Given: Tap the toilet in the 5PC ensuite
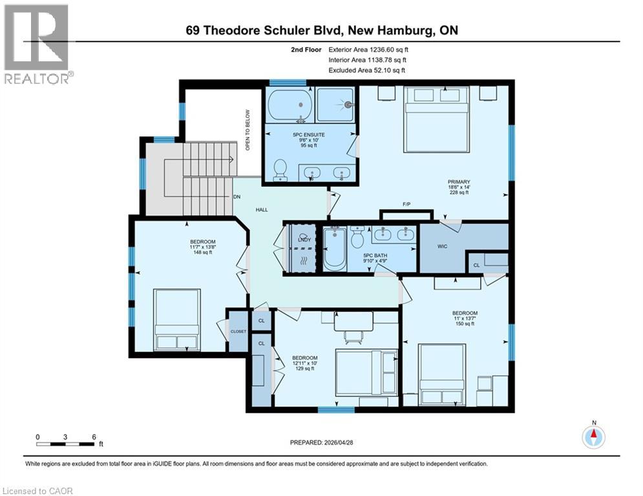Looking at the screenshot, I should tap(280, 169).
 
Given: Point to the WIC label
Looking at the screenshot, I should tap(443, 246).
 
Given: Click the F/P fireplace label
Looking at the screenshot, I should tap(407, 205).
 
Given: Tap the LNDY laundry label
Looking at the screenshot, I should tap(304, 240).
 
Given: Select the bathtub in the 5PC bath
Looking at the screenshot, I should tap(335, 249).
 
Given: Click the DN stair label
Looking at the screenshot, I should tap(237, 196).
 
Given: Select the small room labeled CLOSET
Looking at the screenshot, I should tap(238, 331).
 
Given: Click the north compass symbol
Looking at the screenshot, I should tap(593, 438).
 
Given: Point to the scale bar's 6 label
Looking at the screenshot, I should tap(94, 437).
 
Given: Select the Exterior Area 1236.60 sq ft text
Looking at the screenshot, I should tap(368, 49).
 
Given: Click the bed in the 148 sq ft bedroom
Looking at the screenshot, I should tap(176, 319).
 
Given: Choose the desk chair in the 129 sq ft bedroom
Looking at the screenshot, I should tap(352, 334).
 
